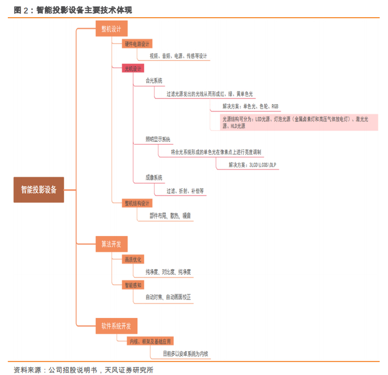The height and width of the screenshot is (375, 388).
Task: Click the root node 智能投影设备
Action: (39, 189)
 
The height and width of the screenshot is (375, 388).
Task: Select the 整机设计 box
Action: (111, 29)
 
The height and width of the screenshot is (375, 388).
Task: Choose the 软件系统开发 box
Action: (116, 325)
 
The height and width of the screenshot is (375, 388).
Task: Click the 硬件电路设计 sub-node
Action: (137, 44)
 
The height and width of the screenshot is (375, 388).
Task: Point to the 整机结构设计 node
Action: (137, 203)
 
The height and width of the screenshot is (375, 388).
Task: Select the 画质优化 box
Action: (133, 259)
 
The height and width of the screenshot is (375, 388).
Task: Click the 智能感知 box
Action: (133, 285)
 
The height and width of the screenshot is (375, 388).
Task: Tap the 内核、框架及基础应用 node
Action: (150, 341)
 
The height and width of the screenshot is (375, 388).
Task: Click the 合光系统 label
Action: (154, 81)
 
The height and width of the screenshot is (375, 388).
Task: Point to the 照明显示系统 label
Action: (158, 139)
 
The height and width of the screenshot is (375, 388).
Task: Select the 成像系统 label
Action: (154, 178)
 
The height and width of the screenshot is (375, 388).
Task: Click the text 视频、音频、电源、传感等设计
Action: (178, 56)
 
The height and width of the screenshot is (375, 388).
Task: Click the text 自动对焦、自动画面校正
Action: (169, 297)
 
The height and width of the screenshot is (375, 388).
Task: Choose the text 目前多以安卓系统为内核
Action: (186, 353)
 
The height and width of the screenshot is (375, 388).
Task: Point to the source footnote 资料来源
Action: (83, 369)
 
